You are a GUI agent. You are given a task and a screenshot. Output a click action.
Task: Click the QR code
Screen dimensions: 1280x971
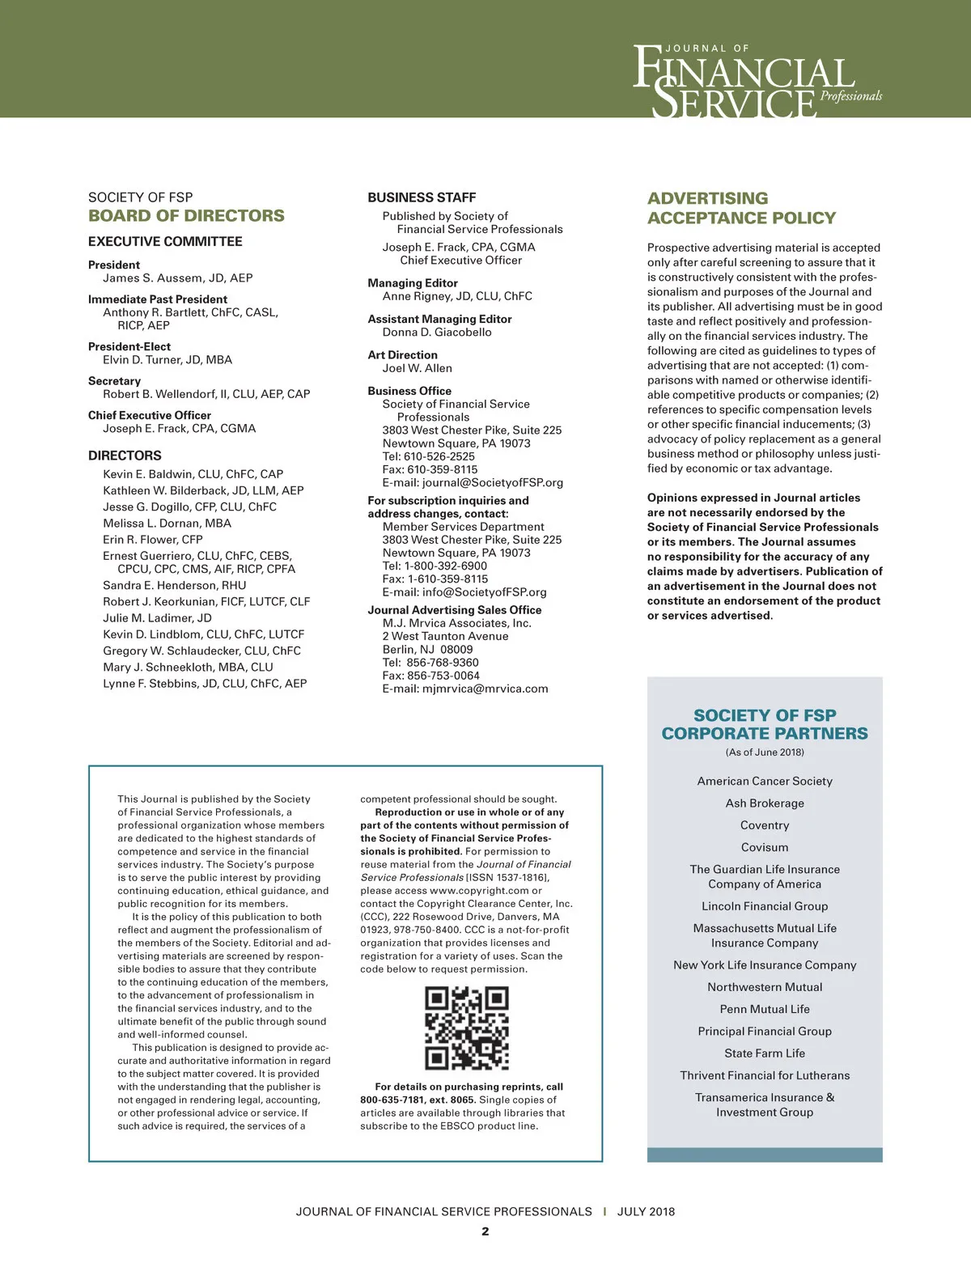[x=467, y=1028]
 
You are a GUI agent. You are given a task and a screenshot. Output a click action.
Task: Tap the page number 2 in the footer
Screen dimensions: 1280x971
[x=485, y=1231]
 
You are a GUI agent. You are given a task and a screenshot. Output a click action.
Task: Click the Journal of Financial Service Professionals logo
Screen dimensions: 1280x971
[x=756, y=81]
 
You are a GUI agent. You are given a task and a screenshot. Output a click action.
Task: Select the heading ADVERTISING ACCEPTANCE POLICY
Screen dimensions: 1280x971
[x=741, y=208]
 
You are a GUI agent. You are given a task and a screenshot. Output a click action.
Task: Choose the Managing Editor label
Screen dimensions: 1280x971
[x=413, y=283]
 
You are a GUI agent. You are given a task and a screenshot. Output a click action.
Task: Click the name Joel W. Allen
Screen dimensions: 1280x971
[x=417, y=368]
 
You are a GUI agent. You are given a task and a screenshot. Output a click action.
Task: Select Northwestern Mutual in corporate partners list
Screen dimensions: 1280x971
[x=765, y=987]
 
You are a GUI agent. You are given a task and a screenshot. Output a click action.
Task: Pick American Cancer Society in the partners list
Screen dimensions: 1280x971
[x=765, y=781]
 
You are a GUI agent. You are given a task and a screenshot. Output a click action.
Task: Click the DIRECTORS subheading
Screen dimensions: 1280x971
[x=125, y=456]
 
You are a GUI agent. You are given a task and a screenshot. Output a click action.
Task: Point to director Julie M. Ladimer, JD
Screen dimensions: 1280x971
[x=157, y=618]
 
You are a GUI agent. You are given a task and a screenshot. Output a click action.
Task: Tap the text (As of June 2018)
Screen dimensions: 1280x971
[x=765, y=752]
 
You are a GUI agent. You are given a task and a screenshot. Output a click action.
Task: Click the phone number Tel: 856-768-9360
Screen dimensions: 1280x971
[x=430, y=663]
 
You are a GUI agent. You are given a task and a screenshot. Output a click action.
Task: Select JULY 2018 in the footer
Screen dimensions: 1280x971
[x=646, y=1211]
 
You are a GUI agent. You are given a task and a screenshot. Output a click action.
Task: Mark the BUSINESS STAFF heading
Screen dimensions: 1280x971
[x=422, y=197]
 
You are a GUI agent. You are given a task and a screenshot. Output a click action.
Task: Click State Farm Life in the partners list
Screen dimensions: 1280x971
[x=765, y=1053]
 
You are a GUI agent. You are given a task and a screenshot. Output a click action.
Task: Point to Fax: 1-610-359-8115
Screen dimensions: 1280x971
[x=435, y=579]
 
